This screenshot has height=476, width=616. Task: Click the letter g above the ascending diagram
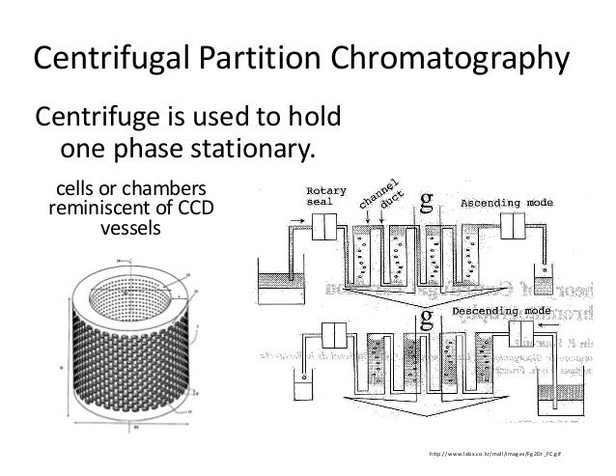coord(426,201)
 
